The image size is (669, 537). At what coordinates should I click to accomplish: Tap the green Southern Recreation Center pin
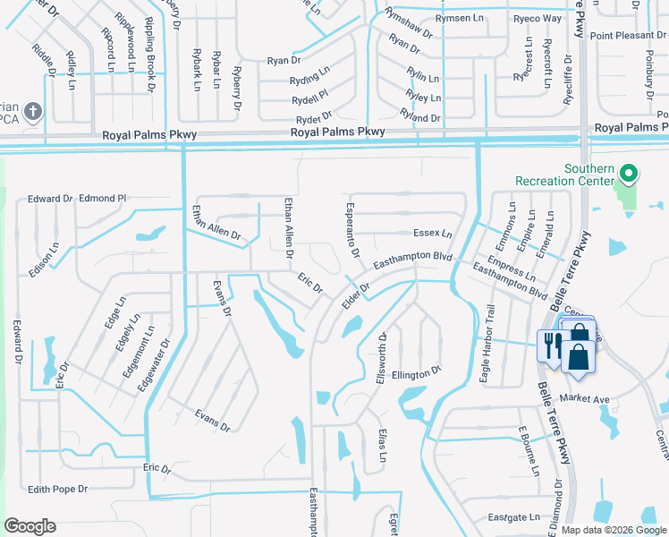[629, 173]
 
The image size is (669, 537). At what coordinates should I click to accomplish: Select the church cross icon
[33, 112]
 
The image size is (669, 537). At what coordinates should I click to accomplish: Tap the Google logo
[30, 526]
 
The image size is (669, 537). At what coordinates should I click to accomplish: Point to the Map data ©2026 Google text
[614, 530]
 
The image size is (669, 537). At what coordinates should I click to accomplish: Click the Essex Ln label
[432, 234]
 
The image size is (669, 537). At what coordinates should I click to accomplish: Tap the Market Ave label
[584, 398]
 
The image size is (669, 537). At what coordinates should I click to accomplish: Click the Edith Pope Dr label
[57, 489]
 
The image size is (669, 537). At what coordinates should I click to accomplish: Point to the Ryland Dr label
[421, 118]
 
